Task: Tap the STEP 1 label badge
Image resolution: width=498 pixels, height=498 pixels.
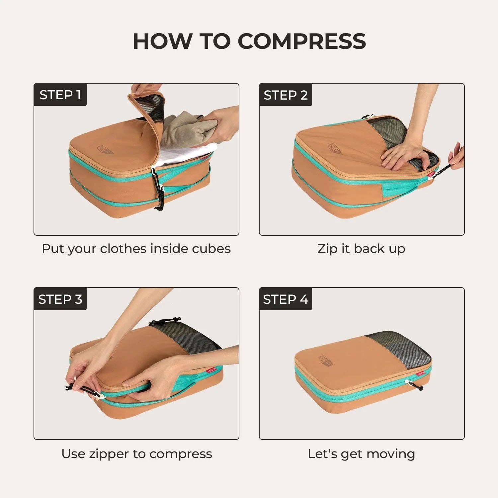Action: [x=60, y=95]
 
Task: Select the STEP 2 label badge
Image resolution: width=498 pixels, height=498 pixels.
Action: [x=286, y=95]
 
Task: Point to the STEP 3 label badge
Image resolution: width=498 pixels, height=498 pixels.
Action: [x=60, y=299]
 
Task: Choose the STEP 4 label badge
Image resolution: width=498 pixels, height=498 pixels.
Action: [x=286, y=299]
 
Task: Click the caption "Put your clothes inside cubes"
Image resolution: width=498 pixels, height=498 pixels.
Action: [x=136, y=249]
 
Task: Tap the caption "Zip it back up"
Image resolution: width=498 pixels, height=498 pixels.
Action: [x=361, y=249]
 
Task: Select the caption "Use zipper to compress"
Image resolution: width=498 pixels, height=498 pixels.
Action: [x=136, y=454]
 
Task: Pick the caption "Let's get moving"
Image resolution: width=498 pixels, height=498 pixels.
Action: [x=361, y=454]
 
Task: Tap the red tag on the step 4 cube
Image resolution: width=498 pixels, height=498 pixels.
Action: [x=421, y=374]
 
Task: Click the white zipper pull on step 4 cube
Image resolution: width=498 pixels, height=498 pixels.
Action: [x=407, y=383]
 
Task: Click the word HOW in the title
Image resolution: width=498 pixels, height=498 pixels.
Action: [x=162, y=41]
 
